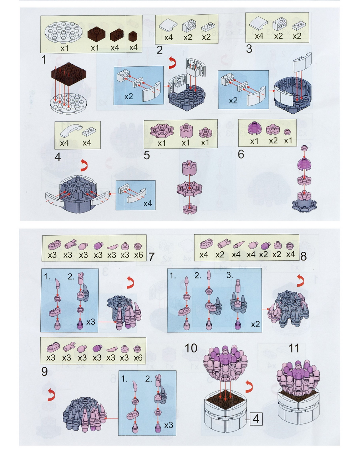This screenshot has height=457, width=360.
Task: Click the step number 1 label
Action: coord(44,60)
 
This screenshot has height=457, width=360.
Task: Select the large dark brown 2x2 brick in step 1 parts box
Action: coord(97,34)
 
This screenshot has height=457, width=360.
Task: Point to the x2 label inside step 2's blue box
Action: coord(128,97)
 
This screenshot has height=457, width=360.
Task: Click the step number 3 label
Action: coord(249,49)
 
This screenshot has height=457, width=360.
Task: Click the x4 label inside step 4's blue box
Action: coord(148,204)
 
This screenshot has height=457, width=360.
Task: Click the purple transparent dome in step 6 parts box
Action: coord(254,128)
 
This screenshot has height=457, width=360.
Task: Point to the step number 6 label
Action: coord(241,154)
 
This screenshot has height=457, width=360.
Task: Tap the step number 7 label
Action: coord(151,257)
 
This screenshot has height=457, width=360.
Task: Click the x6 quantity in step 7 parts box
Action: coord(138,255)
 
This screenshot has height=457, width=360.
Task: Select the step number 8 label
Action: coord(303,256)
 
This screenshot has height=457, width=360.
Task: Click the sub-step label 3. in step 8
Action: coord(230,275)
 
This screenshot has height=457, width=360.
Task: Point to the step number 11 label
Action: coord(294,348)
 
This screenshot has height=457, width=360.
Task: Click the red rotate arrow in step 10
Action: coord(249,387)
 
